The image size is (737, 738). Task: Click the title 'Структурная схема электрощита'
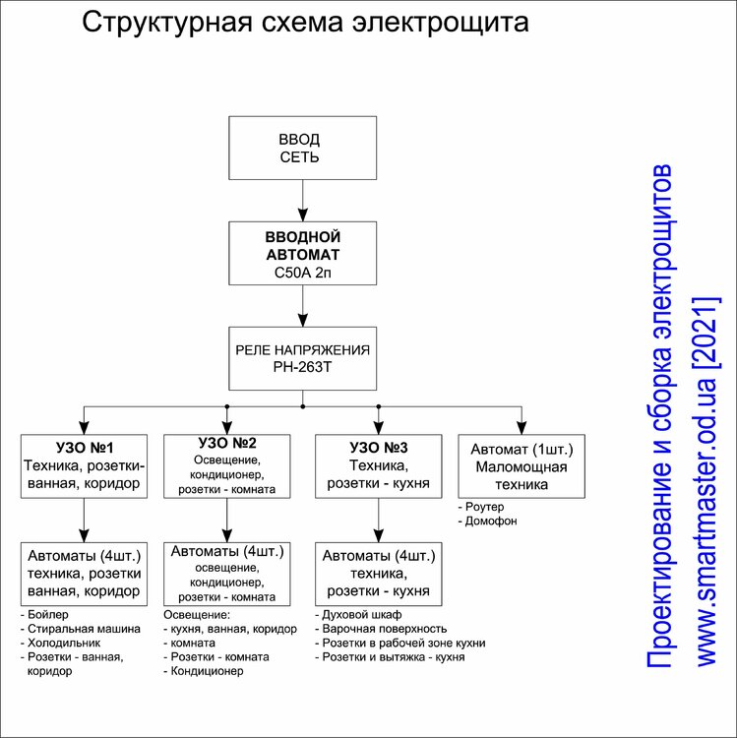point(305,23)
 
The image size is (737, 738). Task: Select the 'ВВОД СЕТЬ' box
point(302,148)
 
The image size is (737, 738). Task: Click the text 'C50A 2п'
point(302,272)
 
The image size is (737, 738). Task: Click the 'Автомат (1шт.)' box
point(522,466)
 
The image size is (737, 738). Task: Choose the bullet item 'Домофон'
point(491,522)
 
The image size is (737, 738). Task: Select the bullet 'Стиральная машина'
point(83,628)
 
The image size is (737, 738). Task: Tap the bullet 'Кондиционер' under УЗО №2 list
point(208,671)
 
